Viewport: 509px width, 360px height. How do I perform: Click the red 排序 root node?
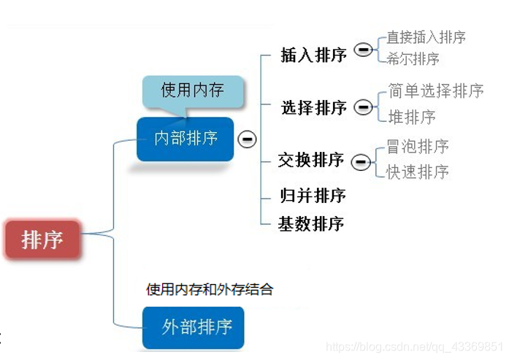pyautogui.click(x=42, y=239)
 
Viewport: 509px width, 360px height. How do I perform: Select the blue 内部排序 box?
pyautogui.click(x=185, y=138)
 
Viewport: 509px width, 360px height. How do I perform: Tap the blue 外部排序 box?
pyautogui.click(x=194, y=326)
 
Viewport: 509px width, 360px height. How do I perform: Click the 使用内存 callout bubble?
pyautogui.click(x=192, y=91)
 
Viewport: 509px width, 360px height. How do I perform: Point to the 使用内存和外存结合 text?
pyautogui.click(x=210, y=289)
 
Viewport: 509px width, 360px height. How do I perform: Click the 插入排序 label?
pyautogui.click(x=314, y=55)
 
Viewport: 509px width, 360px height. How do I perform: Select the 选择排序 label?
pyautogui.click(x=314, y=108)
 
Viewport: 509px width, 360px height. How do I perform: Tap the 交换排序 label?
pyautogui.click(x=311, y=160)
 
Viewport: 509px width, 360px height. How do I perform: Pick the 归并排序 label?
pyautogui.click(x=313, y=196)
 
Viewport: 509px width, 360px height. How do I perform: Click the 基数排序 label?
pyautogui.click(x=311, y=223)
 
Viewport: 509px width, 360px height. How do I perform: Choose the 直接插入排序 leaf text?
pyautogui.click(x=426, y=37)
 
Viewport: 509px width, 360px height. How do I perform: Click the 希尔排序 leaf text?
pyautogui.click(x=413, y=59)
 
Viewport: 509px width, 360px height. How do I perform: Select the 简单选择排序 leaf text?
pyautogui.click(x=436, y=91)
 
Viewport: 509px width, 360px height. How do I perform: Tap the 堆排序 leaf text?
pyautogui.click(x=412, y=117)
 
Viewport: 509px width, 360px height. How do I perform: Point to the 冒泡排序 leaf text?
pyautogui.click(x=417, y=146)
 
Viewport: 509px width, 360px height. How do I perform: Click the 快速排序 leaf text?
pyautogui.click(x=417, y=172)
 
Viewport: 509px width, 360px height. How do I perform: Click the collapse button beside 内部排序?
pyautogui.click(x=248, y=138)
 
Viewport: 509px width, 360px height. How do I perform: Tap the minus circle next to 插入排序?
pyautogui.click(x=363, y=50)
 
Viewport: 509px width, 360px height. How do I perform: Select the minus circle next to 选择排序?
pyautogui.click(x=363, y=107)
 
